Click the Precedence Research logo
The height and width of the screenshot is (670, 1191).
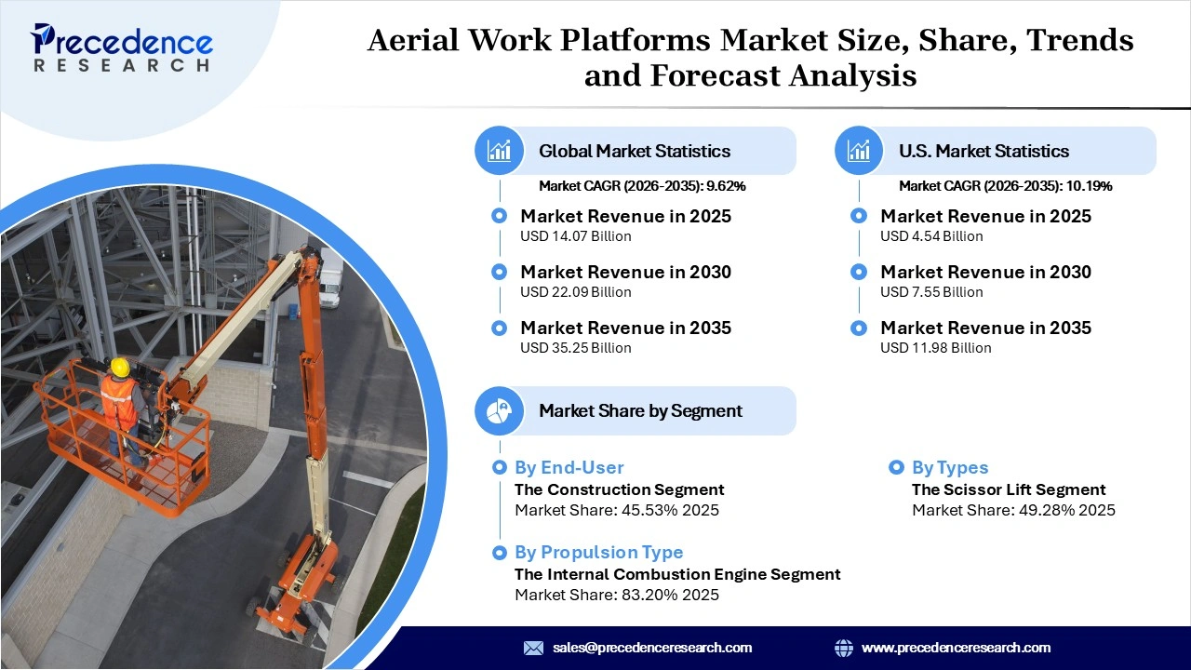pyautogui.click(x=122, y=47)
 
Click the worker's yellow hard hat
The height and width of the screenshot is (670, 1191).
pyautogui.click(x=119, y=367)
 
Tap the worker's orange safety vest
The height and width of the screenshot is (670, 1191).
pyautogui.click(x=118, y=400)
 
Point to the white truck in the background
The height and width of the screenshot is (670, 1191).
pyautogui.click(x=330, y=277)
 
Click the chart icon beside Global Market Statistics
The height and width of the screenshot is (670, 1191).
pyautogui.click(x=500, y=151)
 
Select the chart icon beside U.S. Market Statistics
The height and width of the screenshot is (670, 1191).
pyautogui.click(x=859, y=151)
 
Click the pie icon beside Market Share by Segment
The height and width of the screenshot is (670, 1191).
pyautogui.click(x=500, y=410)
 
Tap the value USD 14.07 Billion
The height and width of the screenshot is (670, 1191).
pyautogui.click(x=575, y=236)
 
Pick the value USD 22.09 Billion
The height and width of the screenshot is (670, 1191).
pyautogui.click(x=575, y=292)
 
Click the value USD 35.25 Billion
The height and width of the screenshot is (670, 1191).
pyautogui.click(x=575, y=348)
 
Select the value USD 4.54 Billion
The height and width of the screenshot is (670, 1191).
pyautogui.click(x=931, y=236)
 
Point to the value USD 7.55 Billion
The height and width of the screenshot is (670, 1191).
pyautogui.click(x=931, y=292)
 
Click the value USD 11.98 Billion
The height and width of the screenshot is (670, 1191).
pyautogui.click(x=935, y=348)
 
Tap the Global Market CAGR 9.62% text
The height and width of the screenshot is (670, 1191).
pyautogui.click(x=642, y=186)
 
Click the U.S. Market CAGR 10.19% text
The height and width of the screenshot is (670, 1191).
pyautogui.click(x=1005, y=186)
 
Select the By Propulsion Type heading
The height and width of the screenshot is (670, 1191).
pyautogui.click(x=598, y=552)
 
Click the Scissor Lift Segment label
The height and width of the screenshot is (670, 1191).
pyautogui.click(x=1009, y=489)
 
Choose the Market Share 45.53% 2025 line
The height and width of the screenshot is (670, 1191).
pyautogui.click(x=616, y=510)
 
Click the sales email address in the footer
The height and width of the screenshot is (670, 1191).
pyautogui.click(x=651, y=648)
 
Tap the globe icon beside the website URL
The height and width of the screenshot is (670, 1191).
pyautogui.click(x=844, y=648)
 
